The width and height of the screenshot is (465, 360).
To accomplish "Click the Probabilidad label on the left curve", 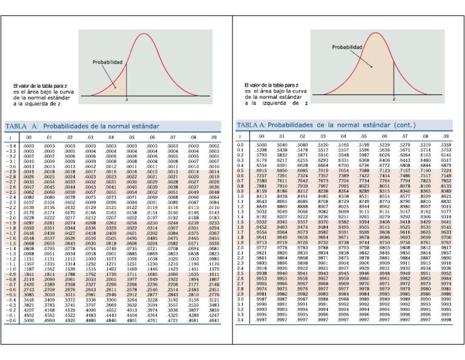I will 107,62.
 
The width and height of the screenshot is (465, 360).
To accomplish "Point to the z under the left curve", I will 127,98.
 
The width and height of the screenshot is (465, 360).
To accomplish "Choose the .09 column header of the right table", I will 446,137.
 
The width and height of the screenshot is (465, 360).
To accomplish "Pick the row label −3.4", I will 12,147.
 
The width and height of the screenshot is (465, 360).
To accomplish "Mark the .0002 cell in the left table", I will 214,147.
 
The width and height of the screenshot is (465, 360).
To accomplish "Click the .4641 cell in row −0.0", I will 214,321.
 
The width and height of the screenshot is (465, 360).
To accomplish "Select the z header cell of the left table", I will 11,138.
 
